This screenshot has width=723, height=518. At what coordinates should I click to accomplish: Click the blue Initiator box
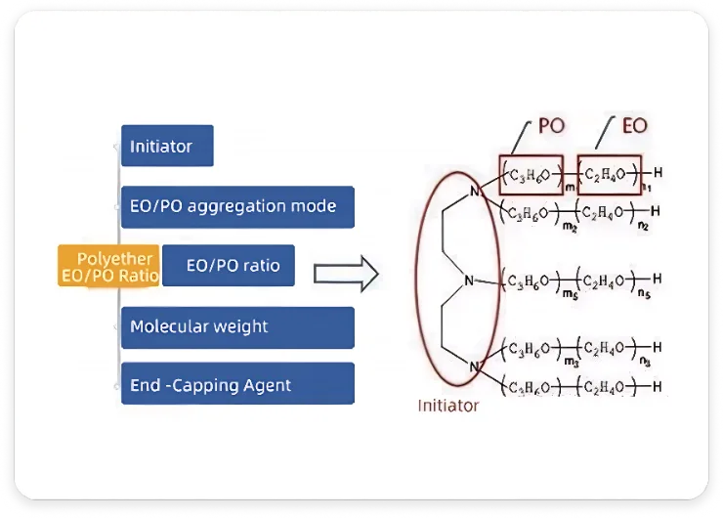(167, 146)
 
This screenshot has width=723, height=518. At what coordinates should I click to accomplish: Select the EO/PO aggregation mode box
(237, 206)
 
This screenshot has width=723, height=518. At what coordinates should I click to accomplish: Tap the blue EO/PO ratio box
(229, 265)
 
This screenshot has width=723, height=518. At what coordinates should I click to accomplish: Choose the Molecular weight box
(237, 326)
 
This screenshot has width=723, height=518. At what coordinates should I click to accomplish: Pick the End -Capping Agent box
(237, 384)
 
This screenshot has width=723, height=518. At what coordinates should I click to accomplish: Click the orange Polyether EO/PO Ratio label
(108, 267)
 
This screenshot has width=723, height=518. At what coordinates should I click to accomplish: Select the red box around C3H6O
(532, 175)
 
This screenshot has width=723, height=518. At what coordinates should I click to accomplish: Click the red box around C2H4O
(610, 175)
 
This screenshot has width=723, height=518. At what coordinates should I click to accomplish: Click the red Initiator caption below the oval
(448, 405)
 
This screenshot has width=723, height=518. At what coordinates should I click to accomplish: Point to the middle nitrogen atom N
(469, 281)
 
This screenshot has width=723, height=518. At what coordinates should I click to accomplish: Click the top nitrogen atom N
(476, 192)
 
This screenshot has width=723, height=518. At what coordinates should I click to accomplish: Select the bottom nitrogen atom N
(476, 367)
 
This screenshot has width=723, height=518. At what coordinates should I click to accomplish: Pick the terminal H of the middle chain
(658, 280)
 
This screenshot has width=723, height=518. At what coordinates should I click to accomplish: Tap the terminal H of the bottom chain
(656, 385)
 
